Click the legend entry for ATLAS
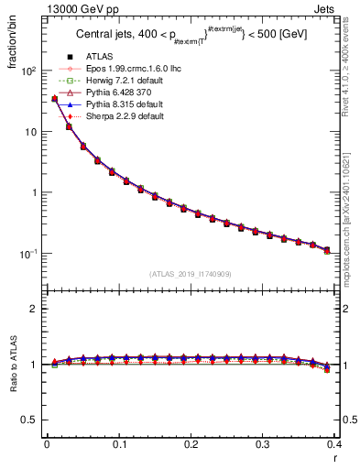pyautogui.click(x=100, y=58)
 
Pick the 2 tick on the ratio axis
pyautogui.click(x=38, y=309)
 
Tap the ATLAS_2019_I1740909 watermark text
pyautogui.click(x=191, y=275)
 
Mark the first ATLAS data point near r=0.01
pyautogui.click(x=54, y=99)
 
